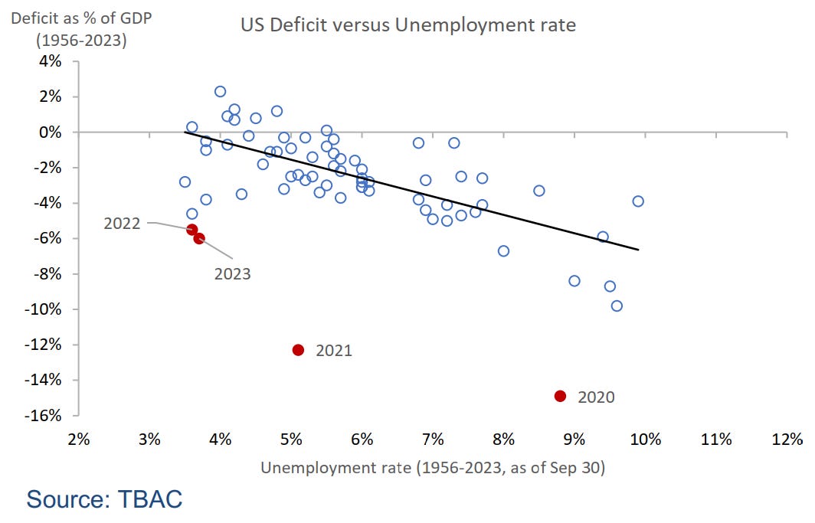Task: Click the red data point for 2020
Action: [x=560, y=396]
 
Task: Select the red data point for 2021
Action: [x=298, y=350]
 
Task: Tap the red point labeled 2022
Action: [x=192, y=230]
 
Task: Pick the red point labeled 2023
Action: [x=199, y=238]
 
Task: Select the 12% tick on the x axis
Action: [x=787, y=440]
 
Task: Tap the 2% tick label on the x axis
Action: [x=79, y=440]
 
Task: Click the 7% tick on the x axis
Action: [x=433, y=440]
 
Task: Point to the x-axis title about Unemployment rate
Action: [x=433, y=467]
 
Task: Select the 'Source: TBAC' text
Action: [x=105, y=500]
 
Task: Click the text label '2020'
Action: [x=596, y=397]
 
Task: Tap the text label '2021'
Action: [x=334, y=351]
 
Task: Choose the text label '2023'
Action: [x=232, y=273]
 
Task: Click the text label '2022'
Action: [x=123, y=224]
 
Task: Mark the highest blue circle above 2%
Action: [x=220, y=91]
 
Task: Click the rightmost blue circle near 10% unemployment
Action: [x=638, y=201]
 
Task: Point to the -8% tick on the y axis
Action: [x=47, y=274]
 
